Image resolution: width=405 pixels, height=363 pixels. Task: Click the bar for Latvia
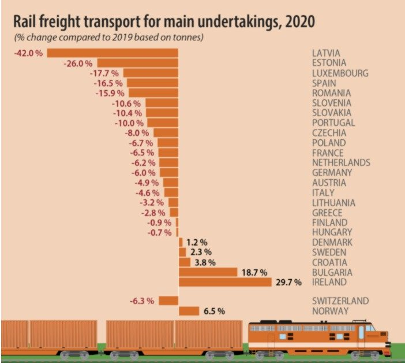coord(112,53)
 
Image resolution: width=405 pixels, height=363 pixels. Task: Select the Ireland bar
coord(225,282)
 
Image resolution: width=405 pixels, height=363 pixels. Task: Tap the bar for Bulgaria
coord(208,272)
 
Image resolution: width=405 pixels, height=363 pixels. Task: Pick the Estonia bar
coord(137,63)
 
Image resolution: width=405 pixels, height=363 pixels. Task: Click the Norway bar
coord(189,311)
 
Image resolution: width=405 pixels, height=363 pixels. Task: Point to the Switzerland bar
coord(168,301)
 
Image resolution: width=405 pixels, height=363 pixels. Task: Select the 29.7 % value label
coord(288,283)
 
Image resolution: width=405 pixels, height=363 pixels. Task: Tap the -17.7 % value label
coord(104,73)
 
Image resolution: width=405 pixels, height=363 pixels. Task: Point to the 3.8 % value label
coord(205,262)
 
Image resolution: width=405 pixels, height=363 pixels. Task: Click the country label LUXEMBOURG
coord(339,73)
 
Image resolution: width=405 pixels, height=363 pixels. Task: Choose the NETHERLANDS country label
coord(340,163)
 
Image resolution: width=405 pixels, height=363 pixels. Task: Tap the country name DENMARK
coord(332,242)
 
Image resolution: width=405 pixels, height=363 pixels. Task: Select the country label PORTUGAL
coord(333,123)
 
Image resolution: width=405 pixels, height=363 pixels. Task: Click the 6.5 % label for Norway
coord(214,312)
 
